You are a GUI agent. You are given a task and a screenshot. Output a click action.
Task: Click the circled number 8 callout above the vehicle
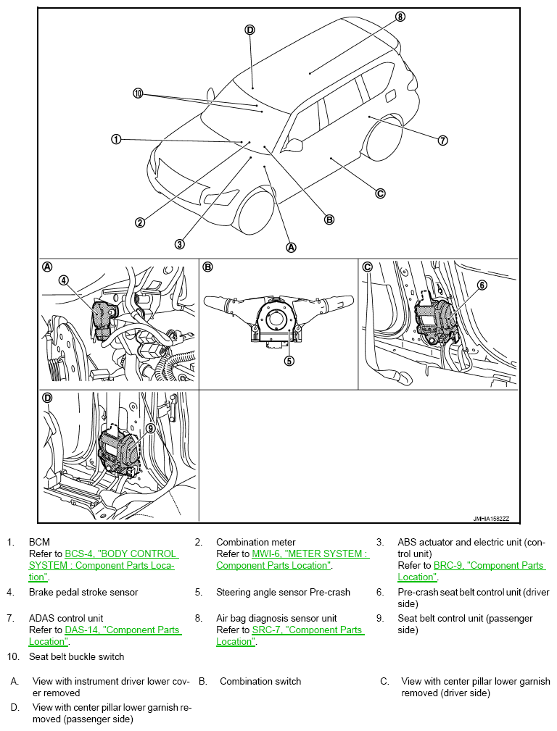click(400, 16)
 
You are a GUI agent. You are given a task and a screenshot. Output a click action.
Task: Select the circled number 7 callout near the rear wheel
click(442, 141)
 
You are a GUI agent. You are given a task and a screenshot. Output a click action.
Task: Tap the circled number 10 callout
click(139, 93)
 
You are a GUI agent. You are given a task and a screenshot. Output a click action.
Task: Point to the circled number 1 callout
click(116, 138)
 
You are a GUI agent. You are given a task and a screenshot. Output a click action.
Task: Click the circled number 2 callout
click(139, 222)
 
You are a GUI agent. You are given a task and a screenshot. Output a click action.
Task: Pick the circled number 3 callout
click(179, 243)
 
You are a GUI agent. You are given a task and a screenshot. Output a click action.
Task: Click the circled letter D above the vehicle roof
click(249, 30)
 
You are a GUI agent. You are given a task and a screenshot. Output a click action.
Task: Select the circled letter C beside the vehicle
click(380, 193)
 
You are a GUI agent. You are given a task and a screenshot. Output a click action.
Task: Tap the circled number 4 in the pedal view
click(64, 280)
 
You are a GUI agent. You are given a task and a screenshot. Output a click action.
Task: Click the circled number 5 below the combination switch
click(289, 360)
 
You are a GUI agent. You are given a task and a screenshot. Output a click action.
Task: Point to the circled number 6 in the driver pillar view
click(482, 285)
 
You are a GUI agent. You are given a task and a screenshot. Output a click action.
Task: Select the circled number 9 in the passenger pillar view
click(150, 428)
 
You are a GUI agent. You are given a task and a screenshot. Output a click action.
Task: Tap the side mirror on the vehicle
click(294, 145)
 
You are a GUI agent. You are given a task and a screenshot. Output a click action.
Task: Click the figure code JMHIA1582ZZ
click(491, 518)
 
